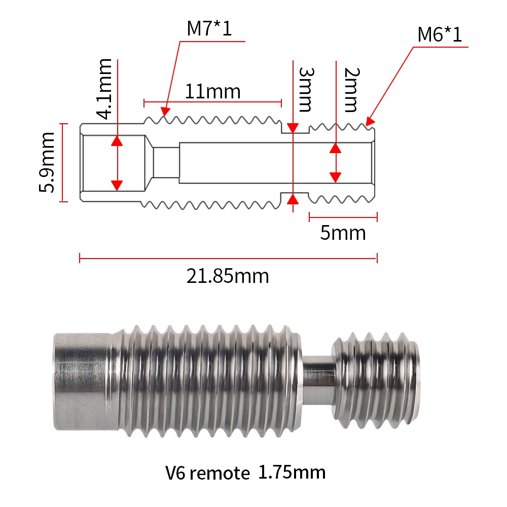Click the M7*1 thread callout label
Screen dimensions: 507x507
pos(209,28)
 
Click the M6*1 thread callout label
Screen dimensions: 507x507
pos(440,35)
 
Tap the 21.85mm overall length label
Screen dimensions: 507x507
pos(228,276)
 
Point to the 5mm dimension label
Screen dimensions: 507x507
pos(343,233)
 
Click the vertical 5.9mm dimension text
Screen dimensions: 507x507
pos(48,162)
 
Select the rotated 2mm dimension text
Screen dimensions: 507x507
pos(350,89)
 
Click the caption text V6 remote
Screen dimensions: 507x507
pos(207,474)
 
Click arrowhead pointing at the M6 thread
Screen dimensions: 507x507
pos(370,122)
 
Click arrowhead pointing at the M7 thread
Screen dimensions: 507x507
pos(164,110)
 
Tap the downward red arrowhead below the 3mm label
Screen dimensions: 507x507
pos(293,128)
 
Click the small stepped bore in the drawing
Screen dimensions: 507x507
pos(166,162)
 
